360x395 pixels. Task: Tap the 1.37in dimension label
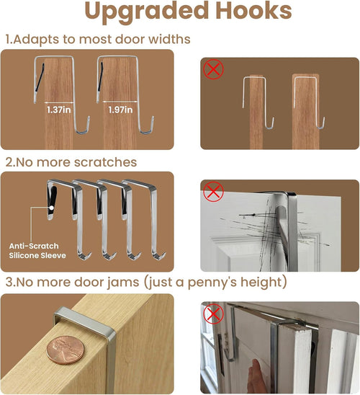59,110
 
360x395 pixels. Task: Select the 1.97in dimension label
120,110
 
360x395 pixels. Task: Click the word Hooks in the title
253,11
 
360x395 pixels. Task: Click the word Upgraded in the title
147,12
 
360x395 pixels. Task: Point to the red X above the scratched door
213,192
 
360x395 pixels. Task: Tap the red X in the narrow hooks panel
213,69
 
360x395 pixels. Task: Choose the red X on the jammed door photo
213,314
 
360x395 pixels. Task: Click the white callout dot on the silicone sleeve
51,208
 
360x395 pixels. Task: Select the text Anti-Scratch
34,246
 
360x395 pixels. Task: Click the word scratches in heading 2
106,162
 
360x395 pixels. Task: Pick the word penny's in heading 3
212,282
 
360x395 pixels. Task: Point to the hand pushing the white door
255,376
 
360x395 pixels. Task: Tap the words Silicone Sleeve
37,255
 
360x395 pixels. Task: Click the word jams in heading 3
123,283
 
